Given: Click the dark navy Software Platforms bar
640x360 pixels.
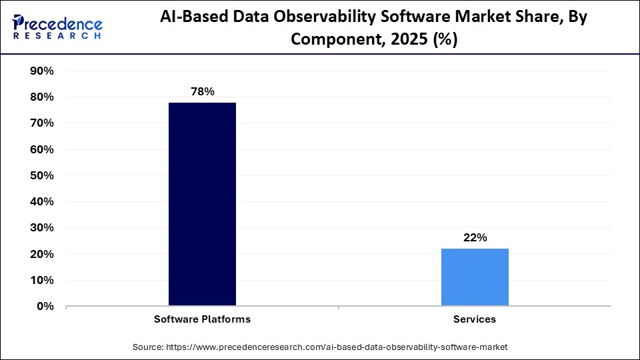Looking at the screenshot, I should pos(202,204).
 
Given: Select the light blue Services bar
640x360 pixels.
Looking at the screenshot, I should pos(475,277).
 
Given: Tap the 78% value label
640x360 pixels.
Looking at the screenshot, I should pos(202,92).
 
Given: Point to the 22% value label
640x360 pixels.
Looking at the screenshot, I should pos(475,237).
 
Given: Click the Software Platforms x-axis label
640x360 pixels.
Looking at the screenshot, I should pos(202,319).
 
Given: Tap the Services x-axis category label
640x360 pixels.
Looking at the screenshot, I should pos(475,319).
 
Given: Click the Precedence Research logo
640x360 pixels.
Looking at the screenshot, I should pos(57,27).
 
